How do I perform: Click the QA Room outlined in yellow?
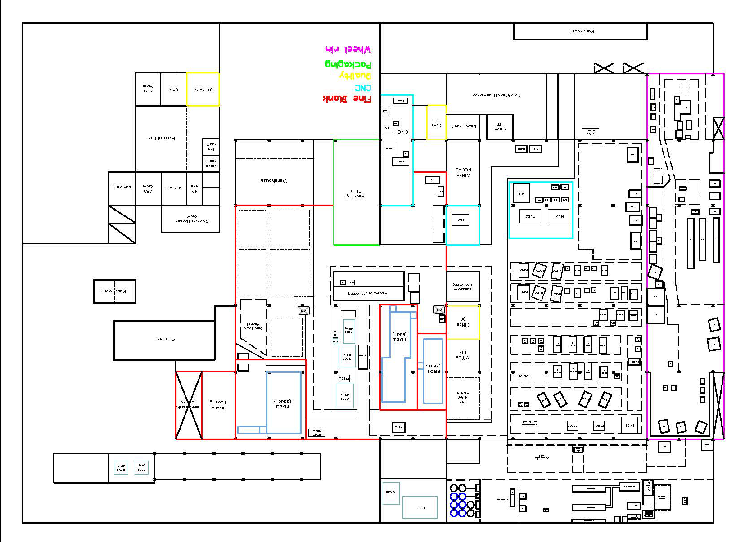(203, 89)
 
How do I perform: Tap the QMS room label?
(174, 90)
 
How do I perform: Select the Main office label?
(162, 138)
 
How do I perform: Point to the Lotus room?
(211, 163)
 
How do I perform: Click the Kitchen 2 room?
(122, 187)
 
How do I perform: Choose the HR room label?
(194, 188)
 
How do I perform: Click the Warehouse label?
(274, 180)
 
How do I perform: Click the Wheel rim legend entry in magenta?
(348, 49)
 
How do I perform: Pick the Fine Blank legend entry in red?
(347, 99)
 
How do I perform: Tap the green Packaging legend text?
(348, 64)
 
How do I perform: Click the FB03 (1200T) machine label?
(283, 404)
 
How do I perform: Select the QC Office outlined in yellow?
(463, 322)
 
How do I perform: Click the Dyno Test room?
(436, 122)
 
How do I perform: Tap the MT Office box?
(500, 126)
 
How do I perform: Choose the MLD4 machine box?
(558, 216)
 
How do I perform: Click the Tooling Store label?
(218, 405)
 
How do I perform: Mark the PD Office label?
(463, 355)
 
